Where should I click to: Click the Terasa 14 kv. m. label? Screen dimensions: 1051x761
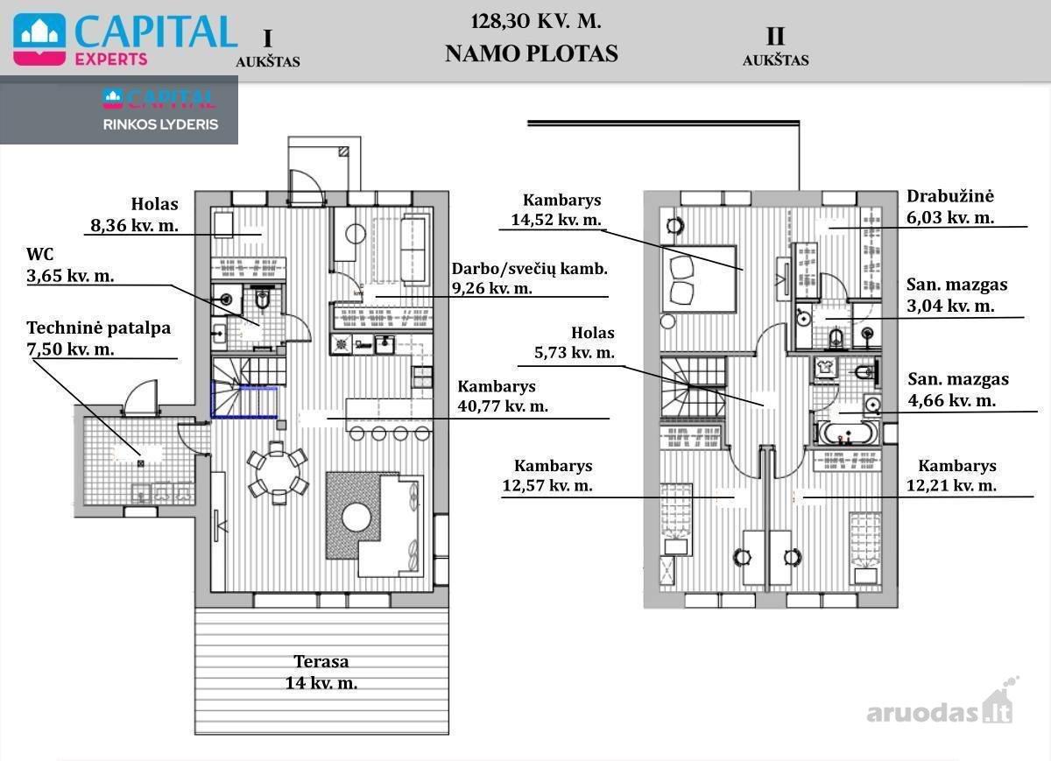click(321, 672)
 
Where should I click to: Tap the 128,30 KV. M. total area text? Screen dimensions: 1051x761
click(536, 22)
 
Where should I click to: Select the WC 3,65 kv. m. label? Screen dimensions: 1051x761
click(70, 264)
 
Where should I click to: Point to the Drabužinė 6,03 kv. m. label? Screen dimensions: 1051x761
click(950, 207)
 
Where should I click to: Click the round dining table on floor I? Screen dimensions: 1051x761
click(278, 471)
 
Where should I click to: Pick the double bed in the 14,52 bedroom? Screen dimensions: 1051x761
click(698, 278)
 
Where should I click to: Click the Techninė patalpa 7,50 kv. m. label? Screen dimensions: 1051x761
click(98, 338)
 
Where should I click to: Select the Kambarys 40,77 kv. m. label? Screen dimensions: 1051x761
click(503, 396)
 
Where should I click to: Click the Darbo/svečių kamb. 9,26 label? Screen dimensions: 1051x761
click(529, 278)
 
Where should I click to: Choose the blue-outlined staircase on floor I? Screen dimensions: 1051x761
click(244, 399)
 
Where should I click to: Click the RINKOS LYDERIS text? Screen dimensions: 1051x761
click(160, 124)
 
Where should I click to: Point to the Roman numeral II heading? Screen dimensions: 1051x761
click(775, 37)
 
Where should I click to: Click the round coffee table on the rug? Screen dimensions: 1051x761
click(356, 518)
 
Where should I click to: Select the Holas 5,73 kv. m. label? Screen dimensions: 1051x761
click(575, 342)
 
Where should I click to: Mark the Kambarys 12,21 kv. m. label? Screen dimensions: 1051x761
click(951, 476)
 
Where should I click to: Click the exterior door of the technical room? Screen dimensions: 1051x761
click(141, 398)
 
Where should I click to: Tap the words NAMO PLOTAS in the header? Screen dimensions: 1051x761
click(532, 53)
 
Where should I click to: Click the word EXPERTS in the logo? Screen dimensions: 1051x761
click(111, 60)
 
